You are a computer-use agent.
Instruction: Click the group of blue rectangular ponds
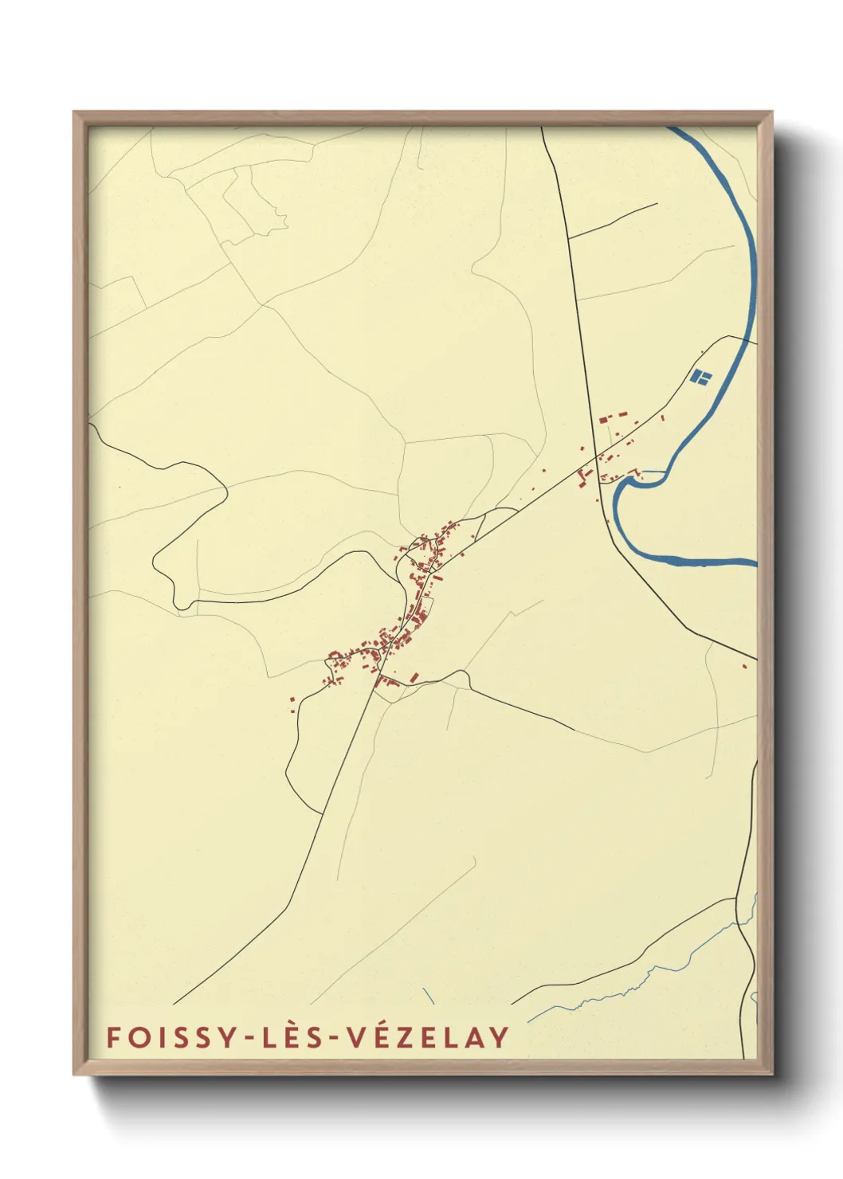click(700, 376)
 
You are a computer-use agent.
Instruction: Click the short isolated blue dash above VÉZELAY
click(428, 995)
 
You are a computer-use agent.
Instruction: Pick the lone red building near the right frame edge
click(744, 666)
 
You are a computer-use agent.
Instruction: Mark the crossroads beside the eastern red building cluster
click(597, 457)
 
